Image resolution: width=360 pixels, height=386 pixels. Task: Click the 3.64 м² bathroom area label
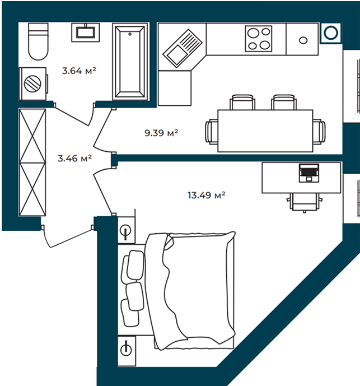click(79, 71)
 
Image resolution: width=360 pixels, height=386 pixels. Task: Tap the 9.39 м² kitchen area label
click(161, 133)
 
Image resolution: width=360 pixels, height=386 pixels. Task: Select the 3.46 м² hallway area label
click(74, 159)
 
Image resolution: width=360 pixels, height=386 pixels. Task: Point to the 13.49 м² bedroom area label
click(207, 195)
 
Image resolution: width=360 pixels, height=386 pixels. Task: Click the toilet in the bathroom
click(38, 41)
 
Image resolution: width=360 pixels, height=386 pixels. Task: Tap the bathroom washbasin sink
click(86, 32)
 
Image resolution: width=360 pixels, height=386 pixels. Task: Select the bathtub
click(130, 62)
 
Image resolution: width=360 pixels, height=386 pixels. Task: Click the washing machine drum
click(32, 83)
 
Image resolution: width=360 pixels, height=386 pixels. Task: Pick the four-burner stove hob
click(258, 39)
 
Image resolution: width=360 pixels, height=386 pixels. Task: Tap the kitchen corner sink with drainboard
click(183, 48)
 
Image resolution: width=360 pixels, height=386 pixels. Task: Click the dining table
click(265, 131)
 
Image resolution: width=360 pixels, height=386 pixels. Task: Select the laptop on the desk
click(309, 173)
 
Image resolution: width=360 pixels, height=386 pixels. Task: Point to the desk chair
click(304, 202)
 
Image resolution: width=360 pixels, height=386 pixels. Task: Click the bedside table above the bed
click(126, 231)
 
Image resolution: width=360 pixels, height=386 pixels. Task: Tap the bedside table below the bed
click(127, 351)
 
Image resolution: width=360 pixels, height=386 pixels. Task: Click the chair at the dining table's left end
click(212, 131)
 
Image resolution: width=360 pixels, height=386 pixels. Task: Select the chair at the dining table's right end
click(319, 132)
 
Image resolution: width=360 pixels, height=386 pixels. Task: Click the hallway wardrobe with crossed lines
click(32, 162)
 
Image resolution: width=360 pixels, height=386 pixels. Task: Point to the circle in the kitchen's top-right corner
click(330, 32)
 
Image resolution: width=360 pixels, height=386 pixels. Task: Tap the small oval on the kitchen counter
click(303, 40)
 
